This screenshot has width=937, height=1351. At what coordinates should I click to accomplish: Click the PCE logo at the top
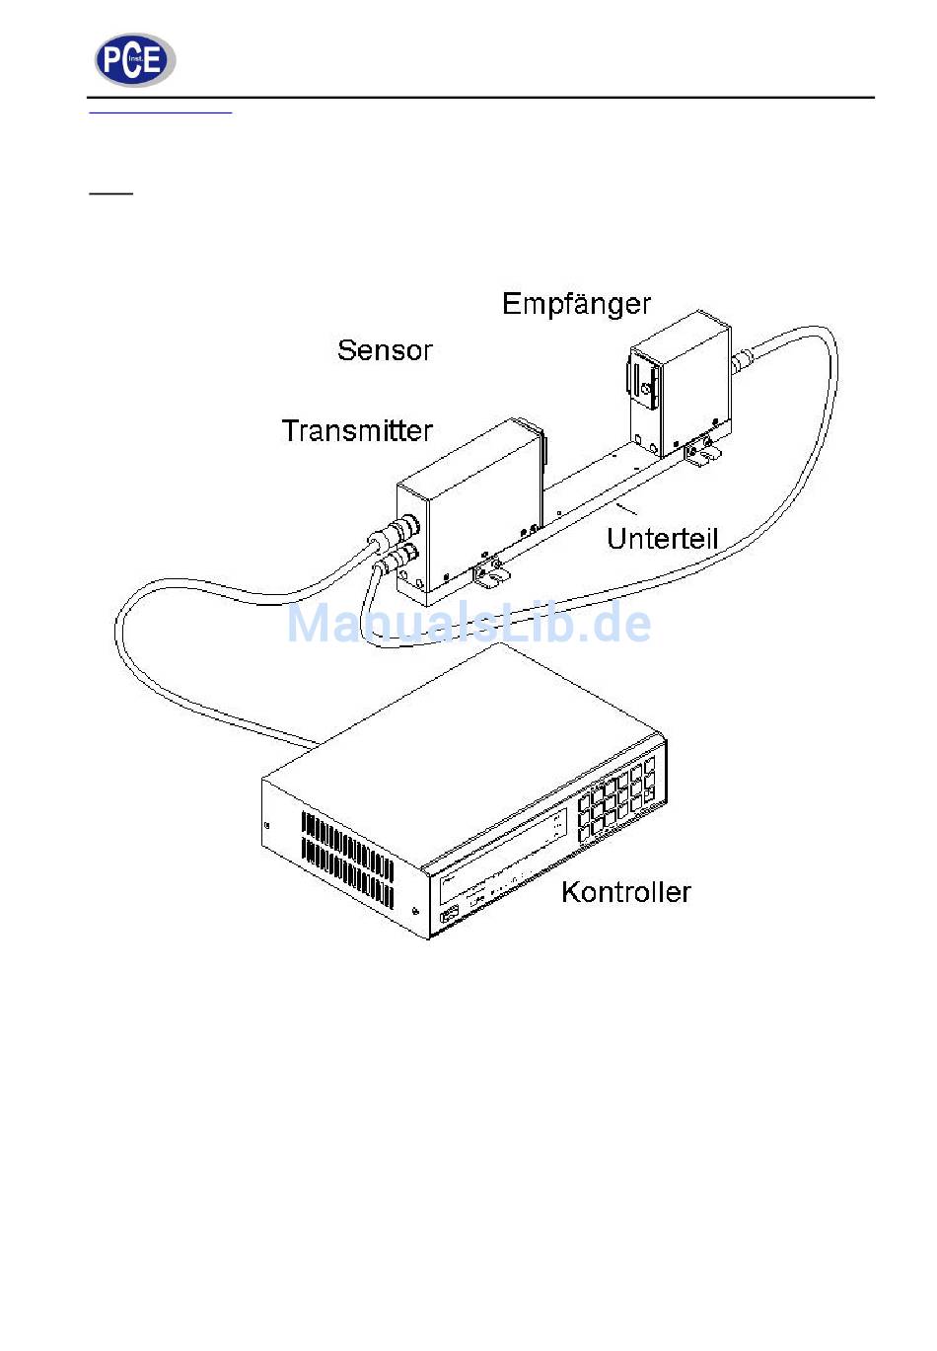[x=134, y=60]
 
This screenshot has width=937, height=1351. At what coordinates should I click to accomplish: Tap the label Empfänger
[x=576, y=304]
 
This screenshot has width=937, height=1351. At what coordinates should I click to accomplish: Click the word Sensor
[x=385, y=350]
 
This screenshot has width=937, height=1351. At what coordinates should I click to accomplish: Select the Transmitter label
[x=357, y=431]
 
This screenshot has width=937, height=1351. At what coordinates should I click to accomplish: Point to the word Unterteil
[x=662, y=539]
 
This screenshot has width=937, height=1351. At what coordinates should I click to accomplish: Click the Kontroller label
[x=625, y=892]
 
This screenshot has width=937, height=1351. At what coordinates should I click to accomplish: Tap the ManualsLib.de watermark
[x=468, y=624]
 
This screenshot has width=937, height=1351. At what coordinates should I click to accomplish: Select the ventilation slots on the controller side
[x=347, y=860]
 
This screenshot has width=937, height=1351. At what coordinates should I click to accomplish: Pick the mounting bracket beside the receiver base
[x=704, y=453]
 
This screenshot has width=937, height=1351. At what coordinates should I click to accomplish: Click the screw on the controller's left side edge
[x=267, y=825]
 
